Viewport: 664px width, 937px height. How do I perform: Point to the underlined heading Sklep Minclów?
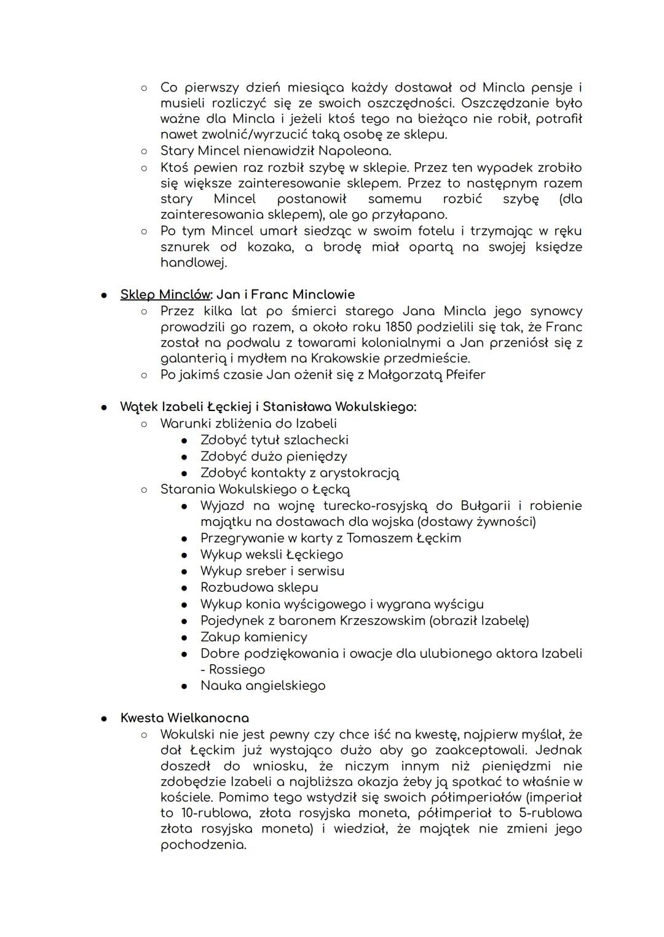(164, 295)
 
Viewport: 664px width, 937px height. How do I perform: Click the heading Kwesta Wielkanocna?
(184, 718)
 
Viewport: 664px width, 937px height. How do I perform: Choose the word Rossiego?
(237, 670)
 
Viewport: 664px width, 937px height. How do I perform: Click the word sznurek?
(185, 247)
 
